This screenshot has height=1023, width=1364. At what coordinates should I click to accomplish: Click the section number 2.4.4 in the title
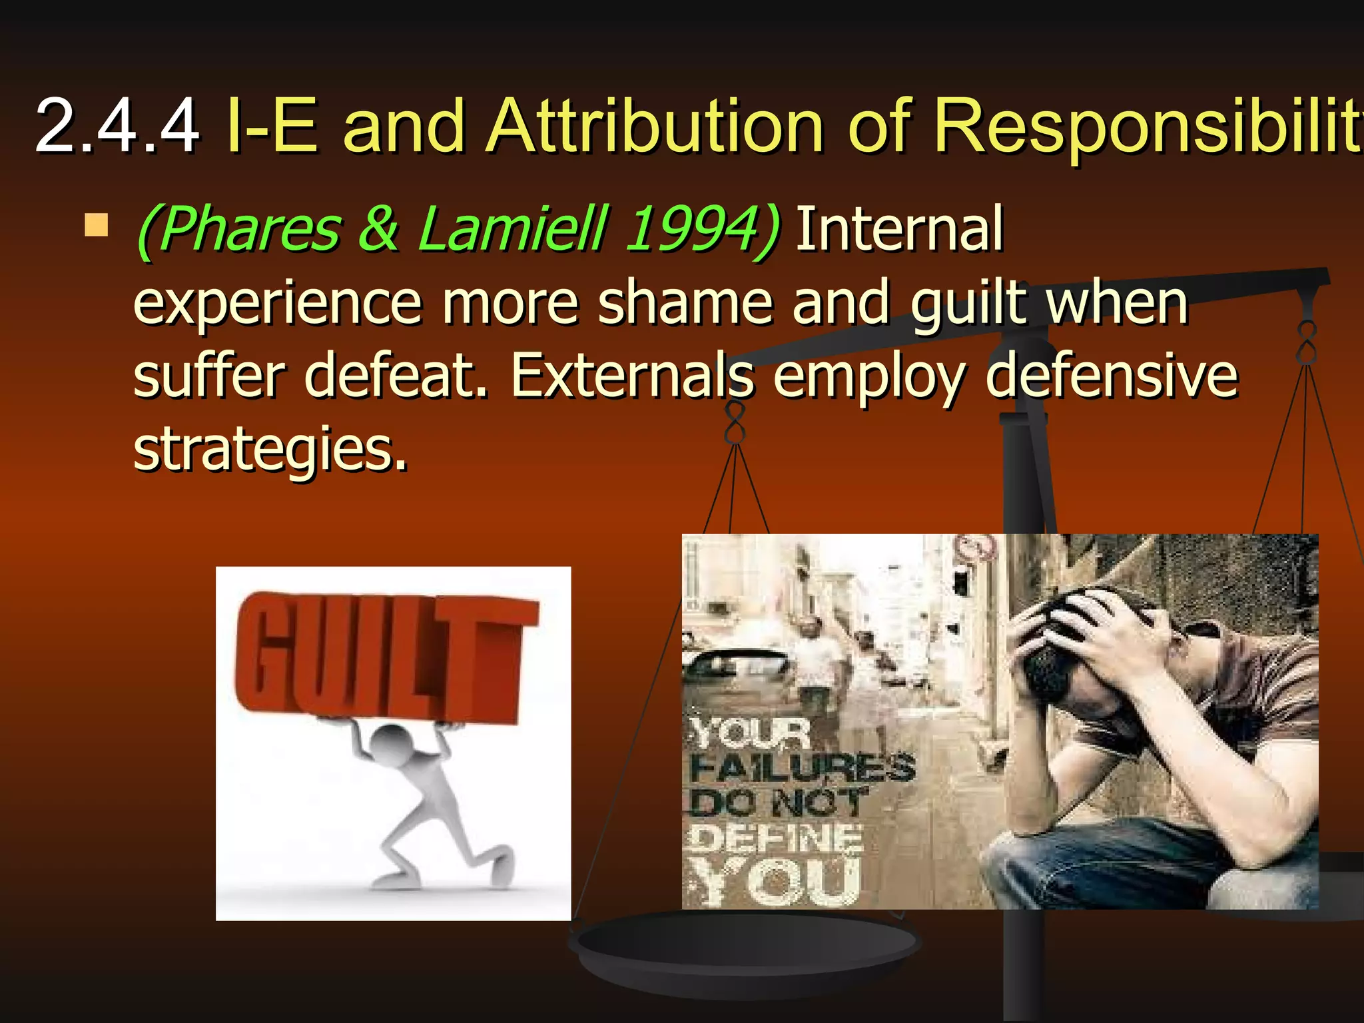pos(117,125)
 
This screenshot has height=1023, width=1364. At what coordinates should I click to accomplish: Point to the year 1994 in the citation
pos(693,229)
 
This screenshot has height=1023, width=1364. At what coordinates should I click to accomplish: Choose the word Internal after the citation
pos(899,229)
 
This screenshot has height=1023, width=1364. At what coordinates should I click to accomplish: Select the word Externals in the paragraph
pos(633,376)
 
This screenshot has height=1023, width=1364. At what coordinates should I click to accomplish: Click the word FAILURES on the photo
pos(803,768)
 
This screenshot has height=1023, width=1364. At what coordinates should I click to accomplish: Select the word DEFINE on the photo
pos(776,838)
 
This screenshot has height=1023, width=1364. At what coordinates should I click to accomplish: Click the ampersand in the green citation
pos(378,229)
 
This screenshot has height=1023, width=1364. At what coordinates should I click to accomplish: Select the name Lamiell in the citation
pos(513,229)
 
